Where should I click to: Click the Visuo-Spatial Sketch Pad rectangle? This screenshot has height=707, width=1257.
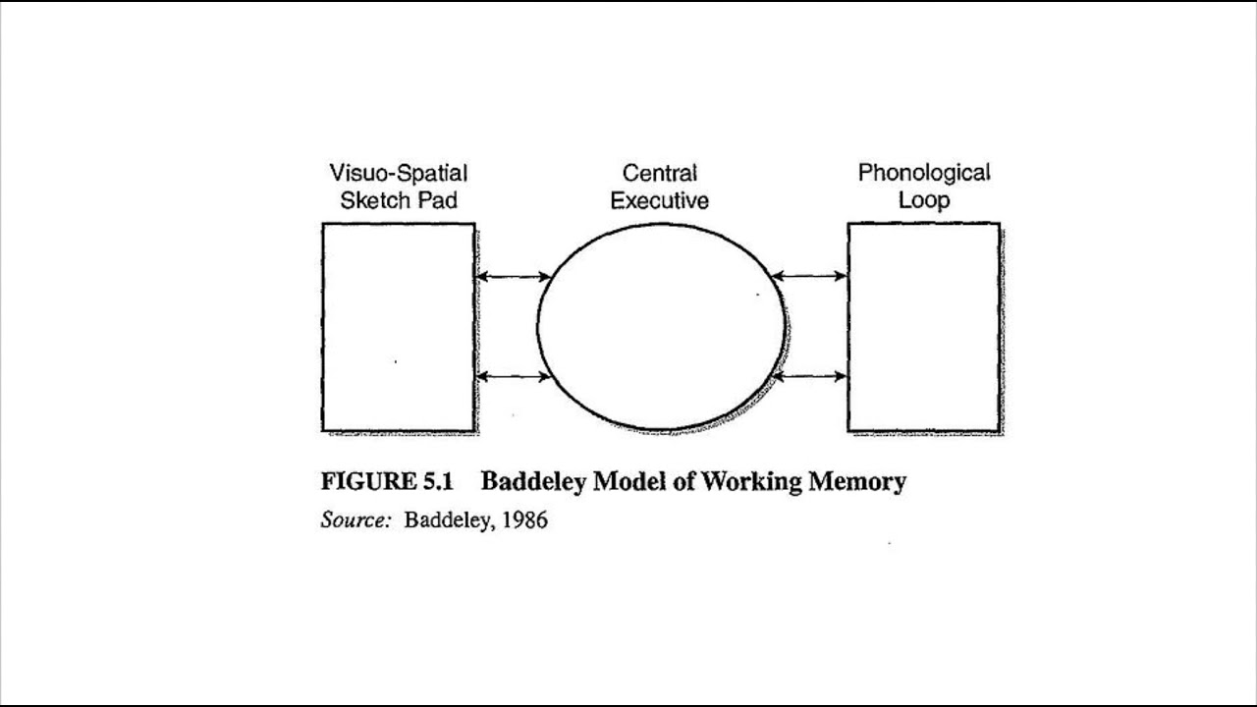point(399,327)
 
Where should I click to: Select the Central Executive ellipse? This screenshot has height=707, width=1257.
point(661,327)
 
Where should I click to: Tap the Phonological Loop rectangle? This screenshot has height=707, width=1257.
point(924,327)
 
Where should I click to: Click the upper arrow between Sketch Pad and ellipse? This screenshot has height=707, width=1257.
point(513,277)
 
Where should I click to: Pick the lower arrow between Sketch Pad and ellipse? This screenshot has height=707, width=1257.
point(513,376)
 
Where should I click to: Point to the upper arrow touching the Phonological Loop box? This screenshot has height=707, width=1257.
point(809,277)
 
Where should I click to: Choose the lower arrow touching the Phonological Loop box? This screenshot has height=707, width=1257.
point(809,376)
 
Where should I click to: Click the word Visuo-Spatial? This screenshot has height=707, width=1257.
point(399,174)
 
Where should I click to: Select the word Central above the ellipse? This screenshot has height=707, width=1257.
point(660,174)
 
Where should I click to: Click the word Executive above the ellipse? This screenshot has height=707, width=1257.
point(660,201)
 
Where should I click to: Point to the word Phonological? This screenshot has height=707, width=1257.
point(924,174)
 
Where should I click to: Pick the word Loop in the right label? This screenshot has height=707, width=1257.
point(924,201)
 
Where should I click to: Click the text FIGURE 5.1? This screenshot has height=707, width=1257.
point(387,482)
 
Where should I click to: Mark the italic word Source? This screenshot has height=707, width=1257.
point(355,520)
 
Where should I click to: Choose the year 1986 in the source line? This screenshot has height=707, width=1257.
point(524,520)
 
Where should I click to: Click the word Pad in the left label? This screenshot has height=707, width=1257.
point(439,201)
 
